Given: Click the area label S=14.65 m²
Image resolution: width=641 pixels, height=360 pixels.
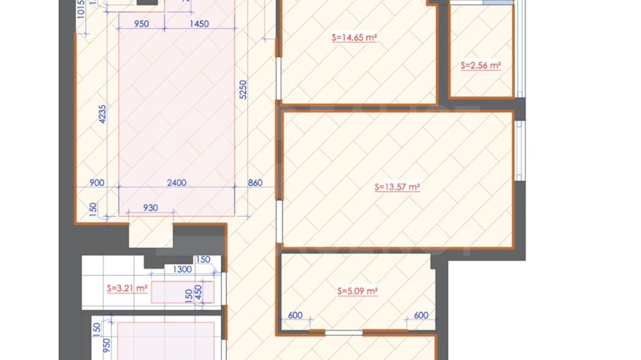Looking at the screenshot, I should pyautogui.click(x=355, y=38).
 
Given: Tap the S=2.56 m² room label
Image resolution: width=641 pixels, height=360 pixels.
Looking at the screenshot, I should pyautogui.click(x=480, y=66).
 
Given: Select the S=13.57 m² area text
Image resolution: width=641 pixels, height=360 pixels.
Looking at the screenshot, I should pyautogui.click(x=397, y=186).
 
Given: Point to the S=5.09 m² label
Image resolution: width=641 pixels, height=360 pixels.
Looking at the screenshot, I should pyautogui.click(x=358, y=291).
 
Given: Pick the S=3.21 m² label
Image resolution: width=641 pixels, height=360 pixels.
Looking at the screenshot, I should pyautogui.click(x=127, y=288).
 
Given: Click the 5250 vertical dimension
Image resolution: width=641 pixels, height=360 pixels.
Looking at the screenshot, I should pyautogui.click(x=243, y=89).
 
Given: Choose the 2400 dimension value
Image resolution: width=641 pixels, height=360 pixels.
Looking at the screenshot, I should pyautogui.click(x=177, y=182).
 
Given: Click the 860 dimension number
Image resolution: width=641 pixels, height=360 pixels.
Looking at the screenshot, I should pyautogui.click(x=256, y=182).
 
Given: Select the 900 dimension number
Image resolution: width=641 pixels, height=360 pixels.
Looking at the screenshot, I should pyautogui.click(x=97, y=182).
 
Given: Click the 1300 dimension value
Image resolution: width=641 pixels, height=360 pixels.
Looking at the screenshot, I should pyautogui.click(x=182, y=270).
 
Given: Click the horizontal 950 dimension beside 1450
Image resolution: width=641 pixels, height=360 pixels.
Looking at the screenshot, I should pyautogui.click(x=141, y=24).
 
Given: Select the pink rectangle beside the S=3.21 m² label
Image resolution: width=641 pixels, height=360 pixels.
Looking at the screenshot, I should pyautogui.click(x=182, y=292).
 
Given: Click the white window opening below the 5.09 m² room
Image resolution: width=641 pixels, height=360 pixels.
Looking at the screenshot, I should pyautogui.click(x=344, y=333).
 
